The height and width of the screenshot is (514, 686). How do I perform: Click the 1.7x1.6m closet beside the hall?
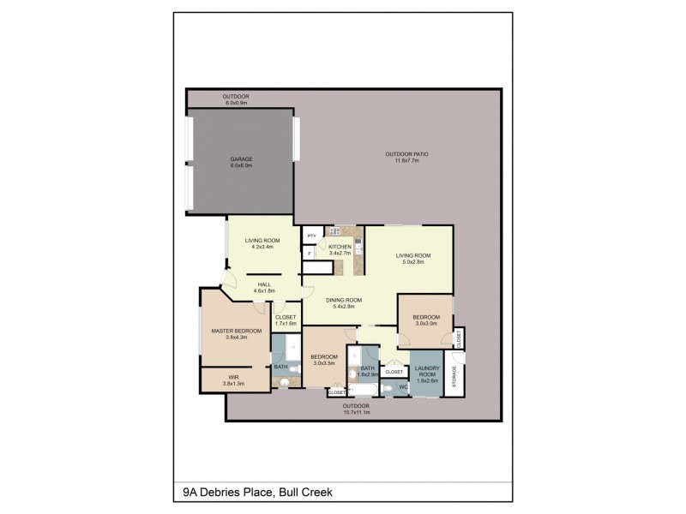tap(285, 320)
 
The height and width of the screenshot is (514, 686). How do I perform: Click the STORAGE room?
tap(454, 374)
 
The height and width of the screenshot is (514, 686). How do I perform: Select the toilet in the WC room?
tap(390, 388)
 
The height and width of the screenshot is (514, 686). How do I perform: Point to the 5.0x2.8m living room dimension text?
tap(412, 260)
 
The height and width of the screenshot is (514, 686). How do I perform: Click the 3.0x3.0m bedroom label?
tap(426, 320)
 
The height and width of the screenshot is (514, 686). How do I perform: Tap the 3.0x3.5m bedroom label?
tap(326, 360)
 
